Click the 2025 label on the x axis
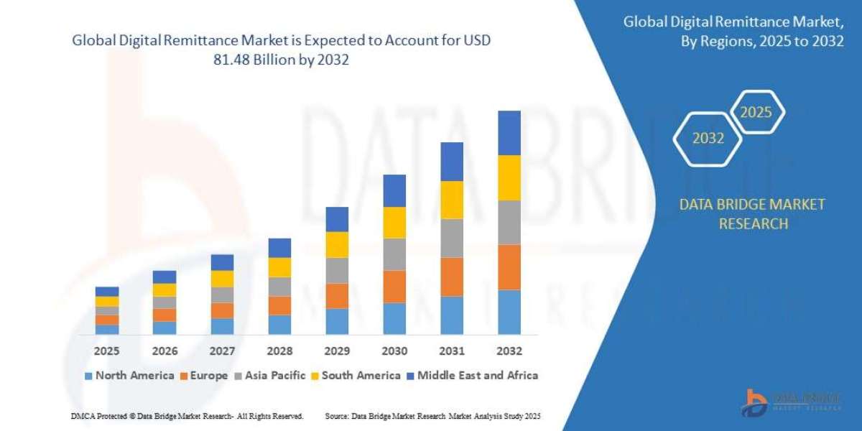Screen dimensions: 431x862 tap(107, 351)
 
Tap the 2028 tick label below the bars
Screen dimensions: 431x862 tap(279, 351)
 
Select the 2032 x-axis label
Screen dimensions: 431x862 tap(509, 351)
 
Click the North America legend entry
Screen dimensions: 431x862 tap(129, 375)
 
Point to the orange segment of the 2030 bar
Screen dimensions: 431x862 tap(394, 287)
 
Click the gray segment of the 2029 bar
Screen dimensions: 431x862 tap(337, 270)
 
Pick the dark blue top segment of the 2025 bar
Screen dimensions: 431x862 tap(107, 292)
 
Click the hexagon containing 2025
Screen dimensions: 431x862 tap(756, 112)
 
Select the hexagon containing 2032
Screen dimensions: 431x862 tap(708, 139)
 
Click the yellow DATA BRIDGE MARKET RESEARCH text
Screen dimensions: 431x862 tap(752, 214)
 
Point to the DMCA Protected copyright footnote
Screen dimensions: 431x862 tap(187, 416)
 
